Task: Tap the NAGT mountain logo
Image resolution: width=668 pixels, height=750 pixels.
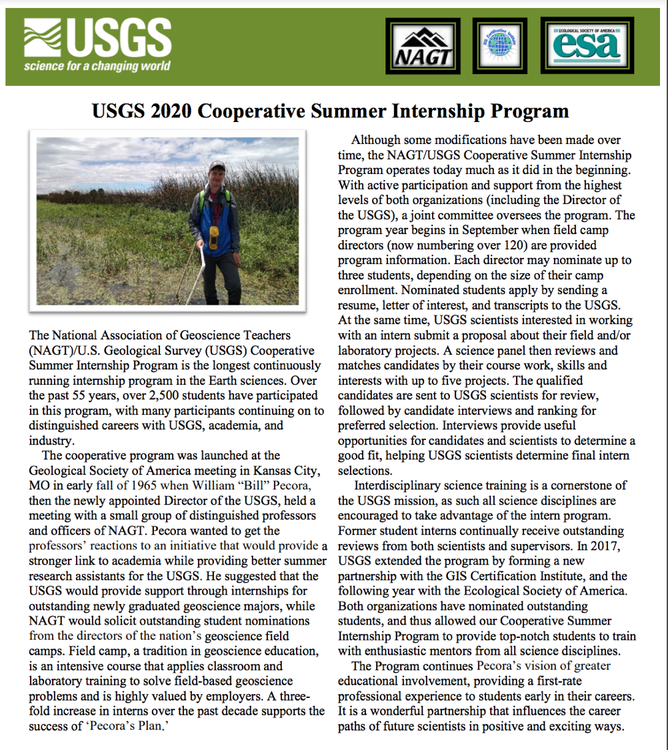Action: pyautogui.click(x=423, y=46)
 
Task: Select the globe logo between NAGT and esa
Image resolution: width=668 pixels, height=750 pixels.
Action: pyautogui.click(x=500, y=45)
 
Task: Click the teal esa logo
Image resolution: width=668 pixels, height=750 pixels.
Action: pyautogui.click(x=587, y=45)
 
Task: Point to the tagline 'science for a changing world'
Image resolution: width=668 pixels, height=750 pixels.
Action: pyautogui.click(x=97, y=66)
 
